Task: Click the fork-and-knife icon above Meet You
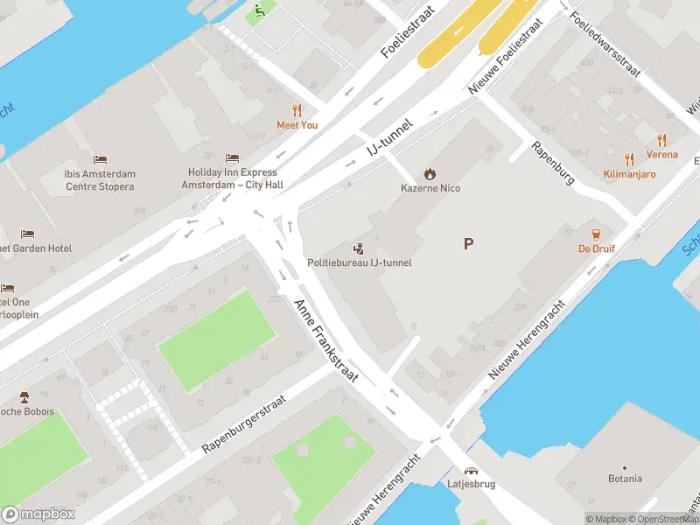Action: (297, 110)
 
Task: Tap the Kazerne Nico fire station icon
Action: (430, 174)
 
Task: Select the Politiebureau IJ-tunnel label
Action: (359, 262)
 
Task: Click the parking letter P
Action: (469, 244)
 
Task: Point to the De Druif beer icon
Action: (596, 234)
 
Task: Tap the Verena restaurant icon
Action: (661, 140)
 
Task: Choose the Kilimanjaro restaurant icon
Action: (629, 159)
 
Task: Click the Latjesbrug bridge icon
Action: (471, 471)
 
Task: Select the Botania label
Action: (625, 479)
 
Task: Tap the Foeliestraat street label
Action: (409, 35)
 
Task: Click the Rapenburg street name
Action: (553, 164)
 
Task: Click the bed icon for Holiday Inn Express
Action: (232, 157)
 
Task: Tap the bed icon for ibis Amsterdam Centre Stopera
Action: (100, 160)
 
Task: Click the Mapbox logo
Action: (38, 514)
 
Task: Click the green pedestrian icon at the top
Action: (259, 12)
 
